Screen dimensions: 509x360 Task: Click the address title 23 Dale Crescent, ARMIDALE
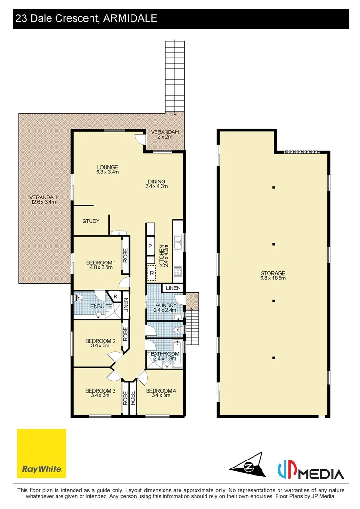click(x=86, y=18)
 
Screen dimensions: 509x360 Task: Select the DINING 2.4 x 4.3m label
click(x=156, y=183)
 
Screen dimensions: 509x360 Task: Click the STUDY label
click(x=91, y=221)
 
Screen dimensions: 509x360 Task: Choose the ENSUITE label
click(x=101, y=306)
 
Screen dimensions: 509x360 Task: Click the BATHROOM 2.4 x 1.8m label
click(x=164, y=356)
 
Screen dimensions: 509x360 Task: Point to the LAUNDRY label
click(x=164, y=308)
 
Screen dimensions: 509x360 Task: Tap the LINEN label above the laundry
click(x=173, y=288)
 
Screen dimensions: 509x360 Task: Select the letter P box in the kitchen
click(x=150, y=246)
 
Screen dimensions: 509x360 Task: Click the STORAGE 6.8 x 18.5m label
click(x=273, y=275)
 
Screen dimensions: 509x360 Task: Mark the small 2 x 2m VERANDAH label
click(x=164, y=134)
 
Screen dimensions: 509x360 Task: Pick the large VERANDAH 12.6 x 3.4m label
click(x=42, y=199)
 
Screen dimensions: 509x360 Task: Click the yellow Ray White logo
click(x=41, y=453)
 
